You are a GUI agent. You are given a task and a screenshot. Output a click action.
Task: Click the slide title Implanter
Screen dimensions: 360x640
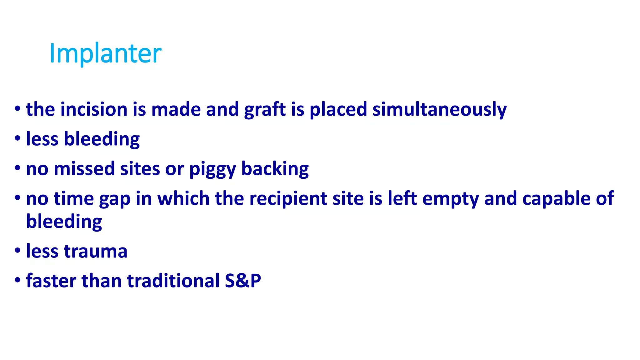pos(105,53)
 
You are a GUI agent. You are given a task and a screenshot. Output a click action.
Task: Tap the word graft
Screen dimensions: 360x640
pos(265,110)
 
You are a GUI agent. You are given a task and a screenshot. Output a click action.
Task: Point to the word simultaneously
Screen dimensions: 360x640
pos(439,110)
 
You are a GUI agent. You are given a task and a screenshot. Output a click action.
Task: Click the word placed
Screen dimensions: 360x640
pos(338,110)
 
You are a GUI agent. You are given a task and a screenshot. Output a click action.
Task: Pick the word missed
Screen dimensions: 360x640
pos(84,169)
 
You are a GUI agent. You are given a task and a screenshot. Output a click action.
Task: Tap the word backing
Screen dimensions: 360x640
pos(275,169)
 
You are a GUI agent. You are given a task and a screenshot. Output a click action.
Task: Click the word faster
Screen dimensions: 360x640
pos(51,281)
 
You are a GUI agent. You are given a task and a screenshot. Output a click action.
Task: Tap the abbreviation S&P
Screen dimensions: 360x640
pos(243,281)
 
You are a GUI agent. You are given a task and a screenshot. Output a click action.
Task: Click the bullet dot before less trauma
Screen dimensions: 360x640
pos(17,251)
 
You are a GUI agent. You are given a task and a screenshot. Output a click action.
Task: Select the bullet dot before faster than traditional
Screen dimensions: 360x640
pos(17,280)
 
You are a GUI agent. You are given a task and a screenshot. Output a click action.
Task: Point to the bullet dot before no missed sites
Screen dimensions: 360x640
pos(17,168)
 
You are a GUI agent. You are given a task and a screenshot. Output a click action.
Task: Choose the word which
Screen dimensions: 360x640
pos(183,199)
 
